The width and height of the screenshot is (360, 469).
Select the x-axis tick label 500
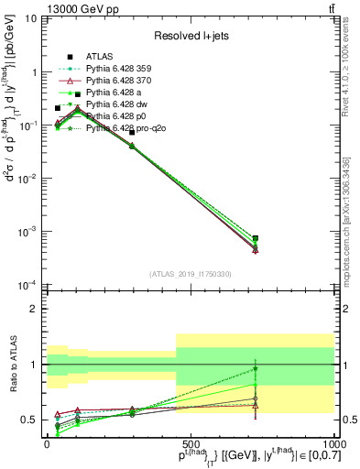[x=191, y=443]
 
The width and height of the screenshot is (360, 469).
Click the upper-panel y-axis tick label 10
[x=31, y=18]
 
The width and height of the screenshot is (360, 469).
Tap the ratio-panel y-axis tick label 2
[x=35, y=309]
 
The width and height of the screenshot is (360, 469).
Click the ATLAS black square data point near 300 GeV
[x=132, y=133]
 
